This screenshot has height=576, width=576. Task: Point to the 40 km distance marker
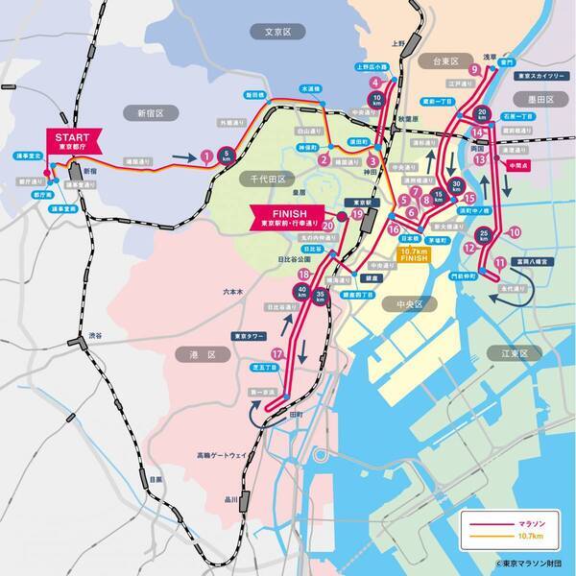coord(303,291)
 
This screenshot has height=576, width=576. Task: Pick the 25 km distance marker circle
coord(487,235)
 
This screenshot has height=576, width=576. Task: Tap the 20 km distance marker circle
coord(485,112)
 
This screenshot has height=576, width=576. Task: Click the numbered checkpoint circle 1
coord(206,156)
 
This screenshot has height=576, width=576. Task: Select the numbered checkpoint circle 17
coord(278,354)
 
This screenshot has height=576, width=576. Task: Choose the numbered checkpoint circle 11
coord(498,262)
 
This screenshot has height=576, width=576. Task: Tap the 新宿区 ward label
coord(153,112)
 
